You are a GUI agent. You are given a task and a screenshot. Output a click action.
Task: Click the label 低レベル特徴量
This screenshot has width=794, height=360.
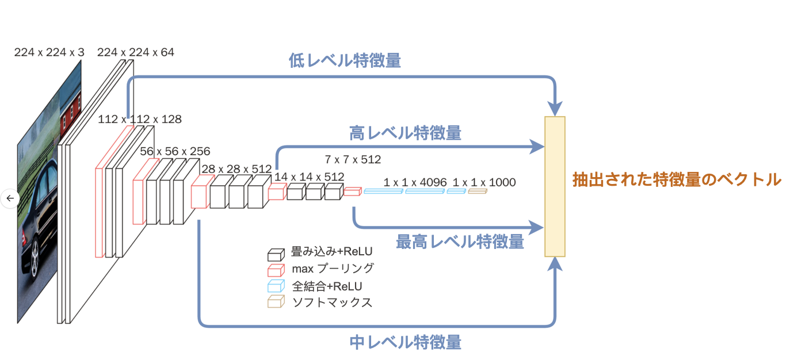(345, 62)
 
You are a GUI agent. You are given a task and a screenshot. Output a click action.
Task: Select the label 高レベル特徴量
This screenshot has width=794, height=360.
(405, 133)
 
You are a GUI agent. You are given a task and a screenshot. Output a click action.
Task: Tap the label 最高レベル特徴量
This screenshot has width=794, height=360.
(460, 242)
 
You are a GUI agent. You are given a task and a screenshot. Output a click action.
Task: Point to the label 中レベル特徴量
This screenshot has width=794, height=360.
(405, 343)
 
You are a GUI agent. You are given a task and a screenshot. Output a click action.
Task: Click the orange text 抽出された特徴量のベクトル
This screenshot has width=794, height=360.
(677, 179)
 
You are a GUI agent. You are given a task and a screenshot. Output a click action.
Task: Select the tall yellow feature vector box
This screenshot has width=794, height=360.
(555, 186)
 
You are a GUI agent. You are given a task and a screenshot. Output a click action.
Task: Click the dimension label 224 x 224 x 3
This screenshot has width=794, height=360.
(49, 52)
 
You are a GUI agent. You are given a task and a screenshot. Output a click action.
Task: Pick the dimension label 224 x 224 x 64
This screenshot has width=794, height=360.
(136, 52)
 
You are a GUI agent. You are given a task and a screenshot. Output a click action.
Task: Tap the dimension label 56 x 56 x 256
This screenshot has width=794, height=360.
(175, 151)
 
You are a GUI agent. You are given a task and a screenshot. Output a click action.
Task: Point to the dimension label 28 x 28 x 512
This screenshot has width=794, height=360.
(236, 169)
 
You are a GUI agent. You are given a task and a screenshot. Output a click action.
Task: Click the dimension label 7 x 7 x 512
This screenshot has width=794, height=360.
(353, 159)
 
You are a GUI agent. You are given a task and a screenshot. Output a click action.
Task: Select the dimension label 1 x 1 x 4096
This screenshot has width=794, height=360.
(415, 182)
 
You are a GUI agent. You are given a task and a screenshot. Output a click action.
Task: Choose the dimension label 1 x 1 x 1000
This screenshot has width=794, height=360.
(484, 182)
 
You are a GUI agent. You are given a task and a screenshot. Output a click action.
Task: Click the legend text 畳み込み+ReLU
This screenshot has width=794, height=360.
(332, 251)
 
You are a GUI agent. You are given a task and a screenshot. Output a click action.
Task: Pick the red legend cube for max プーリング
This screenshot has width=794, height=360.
(276, 270)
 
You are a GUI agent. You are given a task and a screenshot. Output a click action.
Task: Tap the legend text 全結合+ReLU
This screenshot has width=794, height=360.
(327, 285)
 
